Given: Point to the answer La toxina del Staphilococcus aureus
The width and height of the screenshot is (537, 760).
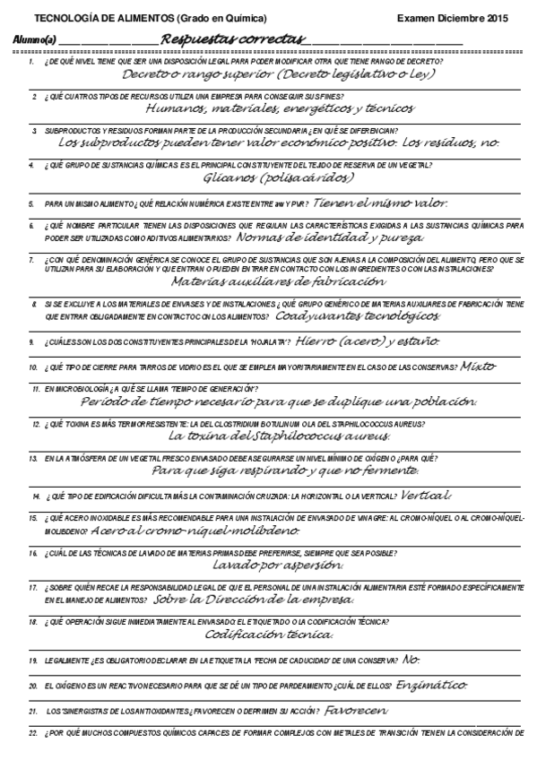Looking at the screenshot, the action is [x=279, y=436].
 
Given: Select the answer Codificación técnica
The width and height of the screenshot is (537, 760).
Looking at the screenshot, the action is [x=268, y=635].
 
